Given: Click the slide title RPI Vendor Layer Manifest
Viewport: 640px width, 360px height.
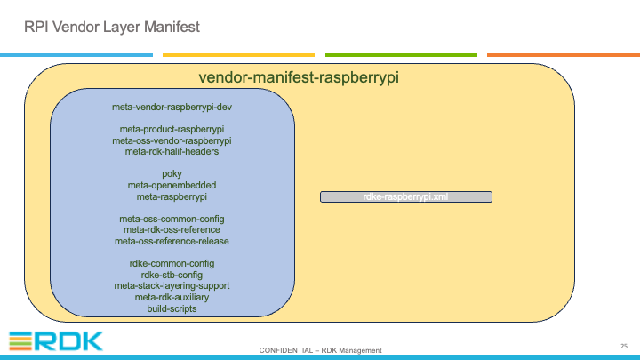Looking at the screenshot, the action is point(112,27).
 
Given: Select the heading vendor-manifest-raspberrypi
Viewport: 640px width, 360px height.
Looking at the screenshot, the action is point(299,77).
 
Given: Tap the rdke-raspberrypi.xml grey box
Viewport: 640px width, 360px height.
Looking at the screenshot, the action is point(406,196).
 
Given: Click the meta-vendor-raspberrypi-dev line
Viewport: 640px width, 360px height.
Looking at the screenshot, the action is point(172,107).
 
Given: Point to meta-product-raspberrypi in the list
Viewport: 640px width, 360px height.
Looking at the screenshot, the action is point(172,130).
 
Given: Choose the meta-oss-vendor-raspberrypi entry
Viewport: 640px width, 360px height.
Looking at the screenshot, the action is point(172,140).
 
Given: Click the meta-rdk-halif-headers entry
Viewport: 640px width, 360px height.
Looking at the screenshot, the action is point(172,151).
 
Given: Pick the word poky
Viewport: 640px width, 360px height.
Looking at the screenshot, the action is point(172,174).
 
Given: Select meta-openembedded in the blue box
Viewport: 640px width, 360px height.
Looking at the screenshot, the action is point(172,185).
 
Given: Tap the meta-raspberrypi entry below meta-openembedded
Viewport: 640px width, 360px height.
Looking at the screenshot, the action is point(172,196).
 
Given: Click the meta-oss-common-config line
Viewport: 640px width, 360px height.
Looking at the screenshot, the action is point(172,220).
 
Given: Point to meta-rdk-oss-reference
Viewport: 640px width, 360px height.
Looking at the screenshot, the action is point(172,230).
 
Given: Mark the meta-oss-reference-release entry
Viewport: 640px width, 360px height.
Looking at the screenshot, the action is point(172,241).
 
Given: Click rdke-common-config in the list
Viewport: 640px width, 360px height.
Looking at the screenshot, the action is point(172,264).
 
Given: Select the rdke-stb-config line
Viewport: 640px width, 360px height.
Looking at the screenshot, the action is point(172,275).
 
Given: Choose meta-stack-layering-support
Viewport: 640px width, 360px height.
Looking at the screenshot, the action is point(172,285).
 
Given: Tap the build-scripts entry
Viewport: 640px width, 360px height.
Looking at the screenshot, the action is point(172,309).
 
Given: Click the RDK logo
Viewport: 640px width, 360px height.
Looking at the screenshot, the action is point(56,341).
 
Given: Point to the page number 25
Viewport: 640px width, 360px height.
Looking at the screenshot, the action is point(624,346).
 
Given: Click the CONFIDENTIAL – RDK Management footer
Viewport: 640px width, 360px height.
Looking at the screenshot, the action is point(320,350).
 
